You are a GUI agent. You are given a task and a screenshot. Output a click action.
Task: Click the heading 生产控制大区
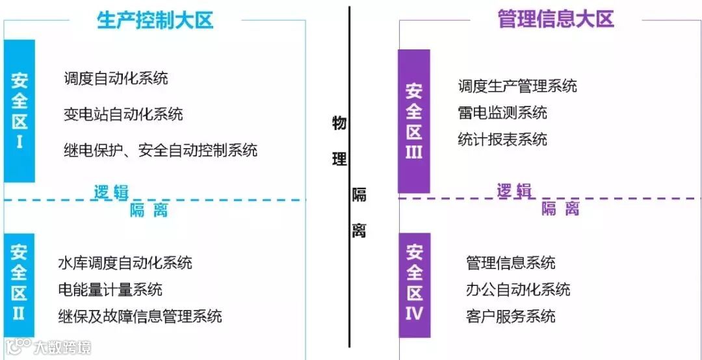pos(155,19)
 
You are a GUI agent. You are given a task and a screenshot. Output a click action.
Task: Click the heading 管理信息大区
pos(555,19)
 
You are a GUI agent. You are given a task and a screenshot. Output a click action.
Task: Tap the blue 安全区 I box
pos(19,110)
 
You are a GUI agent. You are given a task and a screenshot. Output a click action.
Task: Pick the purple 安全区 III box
pos(414,121)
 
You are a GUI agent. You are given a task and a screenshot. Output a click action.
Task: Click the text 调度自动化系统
pos(116,79)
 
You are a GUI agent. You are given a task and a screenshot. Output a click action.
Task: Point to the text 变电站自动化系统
pos(123,115)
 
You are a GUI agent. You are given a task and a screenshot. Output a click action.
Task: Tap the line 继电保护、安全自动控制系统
pos(161,150)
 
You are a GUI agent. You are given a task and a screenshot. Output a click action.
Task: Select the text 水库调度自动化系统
pos(125,263)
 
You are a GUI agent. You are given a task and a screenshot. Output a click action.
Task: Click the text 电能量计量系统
pos(110,289)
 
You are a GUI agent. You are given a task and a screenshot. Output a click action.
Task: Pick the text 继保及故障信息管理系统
pos(140,316)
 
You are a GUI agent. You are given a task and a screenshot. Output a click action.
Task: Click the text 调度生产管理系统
pos(517,86)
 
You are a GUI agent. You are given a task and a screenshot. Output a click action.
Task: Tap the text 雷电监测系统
pos(502,112)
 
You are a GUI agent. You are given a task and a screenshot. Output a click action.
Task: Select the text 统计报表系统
pos(502,139)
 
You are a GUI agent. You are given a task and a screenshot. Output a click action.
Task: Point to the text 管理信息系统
pos(511,263)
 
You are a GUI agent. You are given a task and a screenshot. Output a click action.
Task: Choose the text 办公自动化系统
pos(518,289)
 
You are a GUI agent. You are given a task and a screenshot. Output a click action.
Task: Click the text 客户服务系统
pos(511,316)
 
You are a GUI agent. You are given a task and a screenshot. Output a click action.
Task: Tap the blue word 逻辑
pos(111,192)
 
